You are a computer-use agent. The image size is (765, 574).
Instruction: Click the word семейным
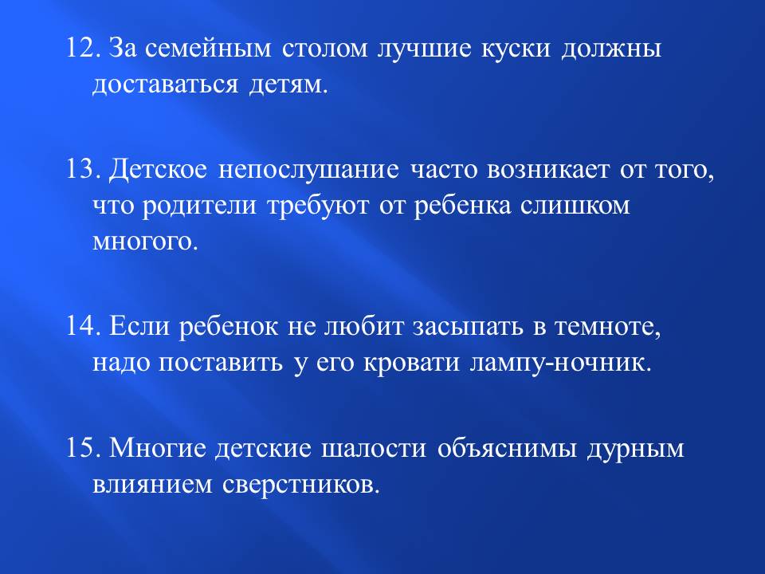[208, 49]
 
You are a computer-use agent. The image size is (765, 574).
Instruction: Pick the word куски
[516, 49]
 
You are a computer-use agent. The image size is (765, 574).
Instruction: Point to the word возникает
[548, 171]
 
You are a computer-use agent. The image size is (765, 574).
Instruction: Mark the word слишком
[575, 206]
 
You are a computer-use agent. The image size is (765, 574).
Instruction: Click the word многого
[144, 242]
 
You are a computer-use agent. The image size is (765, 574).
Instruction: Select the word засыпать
[468, 327]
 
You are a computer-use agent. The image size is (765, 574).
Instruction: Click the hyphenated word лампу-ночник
[560, 364]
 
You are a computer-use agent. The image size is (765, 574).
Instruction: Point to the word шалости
[373, 448]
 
